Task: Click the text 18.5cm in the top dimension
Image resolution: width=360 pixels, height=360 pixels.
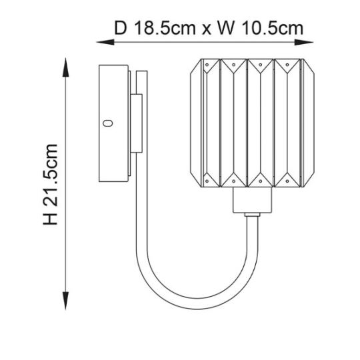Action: point(165,28)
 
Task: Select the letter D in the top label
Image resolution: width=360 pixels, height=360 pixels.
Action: point(121,28)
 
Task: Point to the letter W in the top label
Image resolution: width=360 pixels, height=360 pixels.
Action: point(226,28)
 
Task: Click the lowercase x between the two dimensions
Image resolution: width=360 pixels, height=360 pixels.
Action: point(206,30)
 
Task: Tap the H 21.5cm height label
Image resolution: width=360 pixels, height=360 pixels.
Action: point(50,185)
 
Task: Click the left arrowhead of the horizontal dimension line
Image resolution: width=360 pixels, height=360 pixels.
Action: point(105,42)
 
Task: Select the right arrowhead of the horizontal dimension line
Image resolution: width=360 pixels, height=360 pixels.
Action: point(304,42)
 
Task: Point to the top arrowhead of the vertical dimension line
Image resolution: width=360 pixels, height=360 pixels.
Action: point(66,67)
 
